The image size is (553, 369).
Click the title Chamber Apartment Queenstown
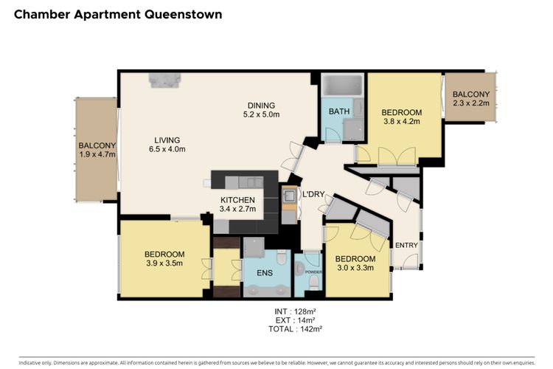(118, 15)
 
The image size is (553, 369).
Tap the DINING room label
(261, 106)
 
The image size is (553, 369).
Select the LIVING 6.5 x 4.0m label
(167, 145)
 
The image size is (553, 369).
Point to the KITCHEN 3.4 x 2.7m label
(237, 204)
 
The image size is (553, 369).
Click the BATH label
(339, 111)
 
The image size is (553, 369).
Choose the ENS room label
(265, 272)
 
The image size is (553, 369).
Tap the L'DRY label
(313, 194)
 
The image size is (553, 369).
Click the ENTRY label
(406, 245)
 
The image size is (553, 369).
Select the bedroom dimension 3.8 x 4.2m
(402, 121)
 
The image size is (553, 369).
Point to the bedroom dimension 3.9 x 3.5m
(164, 263)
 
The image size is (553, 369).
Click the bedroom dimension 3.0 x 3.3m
(355, 267)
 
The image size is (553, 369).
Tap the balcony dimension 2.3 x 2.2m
(471, 103)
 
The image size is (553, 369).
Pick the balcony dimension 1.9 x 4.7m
(97, 154)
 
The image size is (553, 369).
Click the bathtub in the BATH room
(342, 85)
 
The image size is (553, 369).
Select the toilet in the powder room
(313, 281)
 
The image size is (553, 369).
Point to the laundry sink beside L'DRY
(290, 196)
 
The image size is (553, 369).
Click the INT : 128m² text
(295, 311)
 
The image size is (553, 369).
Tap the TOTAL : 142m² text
(296, 329)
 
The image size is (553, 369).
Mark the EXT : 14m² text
(296, 320)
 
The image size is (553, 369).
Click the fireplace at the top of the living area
(164, 80)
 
